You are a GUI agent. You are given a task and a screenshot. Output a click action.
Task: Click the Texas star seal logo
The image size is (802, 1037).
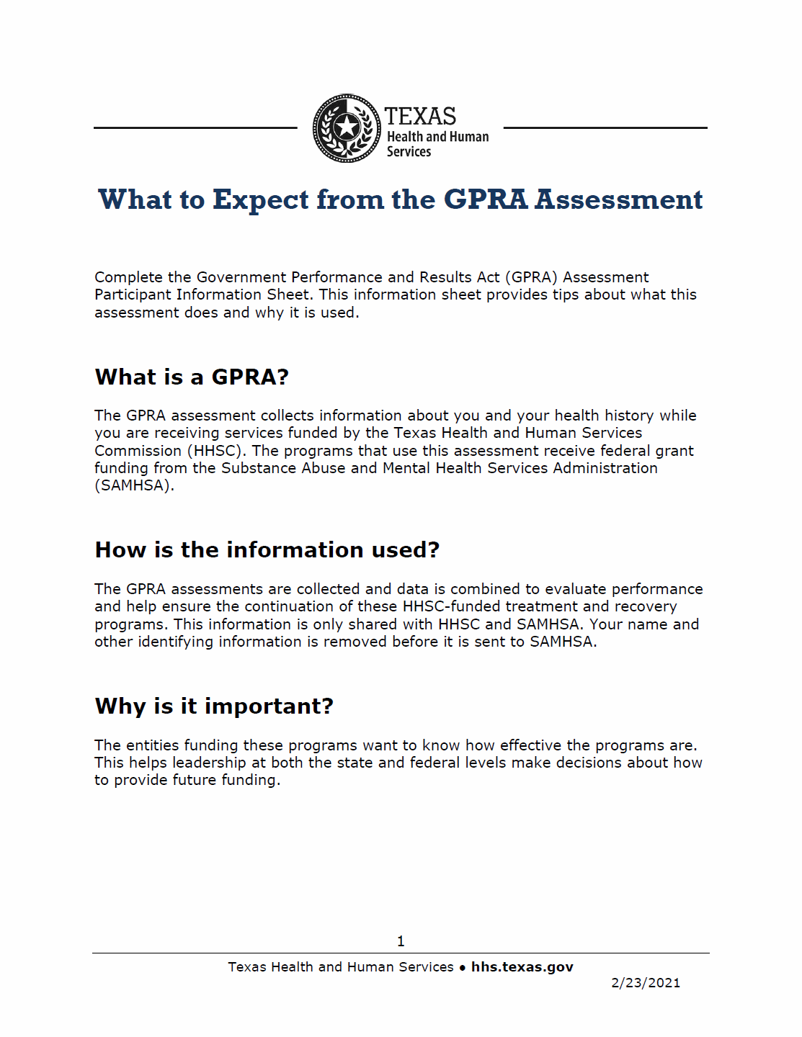coord(347,128)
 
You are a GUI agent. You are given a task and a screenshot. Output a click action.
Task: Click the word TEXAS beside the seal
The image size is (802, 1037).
coord(420,116)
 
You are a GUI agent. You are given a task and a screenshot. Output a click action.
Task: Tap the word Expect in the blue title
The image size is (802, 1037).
coord(260,199)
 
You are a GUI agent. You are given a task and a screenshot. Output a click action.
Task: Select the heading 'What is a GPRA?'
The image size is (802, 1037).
coord(192,377)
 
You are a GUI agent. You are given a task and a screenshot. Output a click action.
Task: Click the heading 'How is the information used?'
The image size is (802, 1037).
coord(267,549)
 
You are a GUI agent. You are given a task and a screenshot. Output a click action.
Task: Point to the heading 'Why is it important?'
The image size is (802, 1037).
coord(214,706)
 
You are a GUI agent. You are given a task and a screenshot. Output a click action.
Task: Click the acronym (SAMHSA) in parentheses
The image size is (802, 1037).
coord(134,485)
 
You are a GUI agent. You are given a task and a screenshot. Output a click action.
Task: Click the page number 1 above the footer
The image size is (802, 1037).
coord(401,941)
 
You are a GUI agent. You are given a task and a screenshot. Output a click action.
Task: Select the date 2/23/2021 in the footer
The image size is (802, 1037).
coord(646,983)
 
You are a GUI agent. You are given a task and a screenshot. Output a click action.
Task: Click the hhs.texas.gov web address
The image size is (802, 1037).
coord(522,967)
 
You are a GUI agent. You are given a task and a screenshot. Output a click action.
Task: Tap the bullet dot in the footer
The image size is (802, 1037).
coord(463,968)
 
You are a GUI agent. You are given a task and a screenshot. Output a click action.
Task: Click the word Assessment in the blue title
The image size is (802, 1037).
coord(618,199)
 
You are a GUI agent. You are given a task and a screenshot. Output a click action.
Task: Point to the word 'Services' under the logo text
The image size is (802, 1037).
coord(409,152)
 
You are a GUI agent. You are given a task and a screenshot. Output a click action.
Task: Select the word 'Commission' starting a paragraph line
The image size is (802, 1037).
coord(138,451)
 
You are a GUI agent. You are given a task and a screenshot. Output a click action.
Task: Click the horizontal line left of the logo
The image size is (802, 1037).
coord(195,128)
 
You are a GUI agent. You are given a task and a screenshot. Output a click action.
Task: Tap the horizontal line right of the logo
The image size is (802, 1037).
coord(605,128)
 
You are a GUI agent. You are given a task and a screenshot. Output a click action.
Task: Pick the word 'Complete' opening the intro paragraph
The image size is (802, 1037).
coord(128,277)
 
